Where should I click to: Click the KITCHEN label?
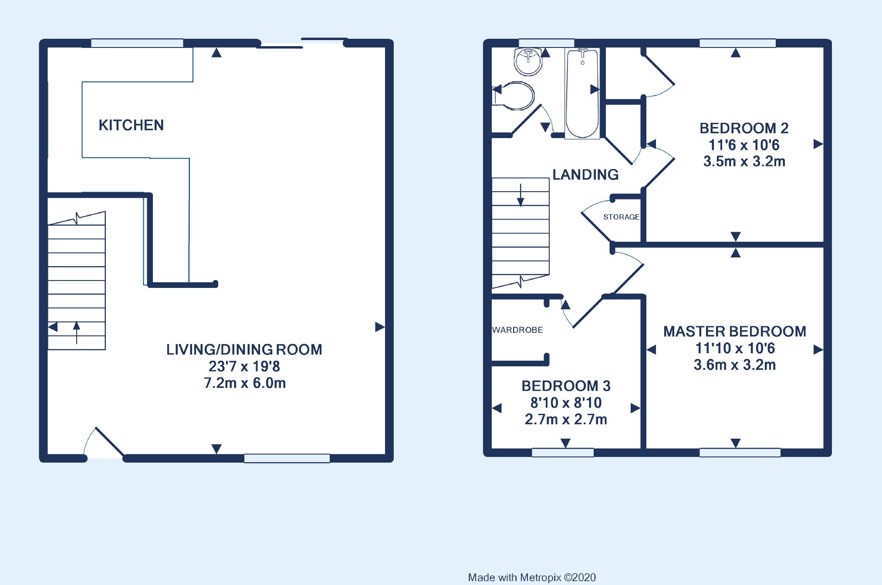131,125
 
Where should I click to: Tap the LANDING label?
585,175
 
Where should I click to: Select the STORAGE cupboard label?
621,217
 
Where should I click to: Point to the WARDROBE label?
517,330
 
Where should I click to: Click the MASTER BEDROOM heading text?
735,331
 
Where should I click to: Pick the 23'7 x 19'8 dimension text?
244,366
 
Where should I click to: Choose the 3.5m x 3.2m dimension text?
744,162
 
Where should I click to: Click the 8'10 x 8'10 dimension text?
566,403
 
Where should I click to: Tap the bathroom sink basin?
528,62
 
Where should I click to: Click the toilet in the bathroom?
514,95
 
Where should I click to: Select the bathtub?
582,93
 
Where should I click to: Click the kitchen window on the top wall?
137,43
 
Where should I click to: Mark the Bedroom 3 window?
563,453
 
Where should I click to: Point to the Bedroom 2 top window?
737,43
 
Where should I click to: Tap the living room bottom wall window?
287,458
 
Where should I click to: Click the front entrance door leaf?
110,442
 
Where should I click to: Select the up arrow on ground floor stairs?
77,333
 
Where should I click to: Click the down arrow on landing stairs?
520,195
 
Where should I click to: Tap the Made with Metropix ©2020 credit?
532,578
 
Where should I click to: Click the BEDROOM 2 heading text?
744,128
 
